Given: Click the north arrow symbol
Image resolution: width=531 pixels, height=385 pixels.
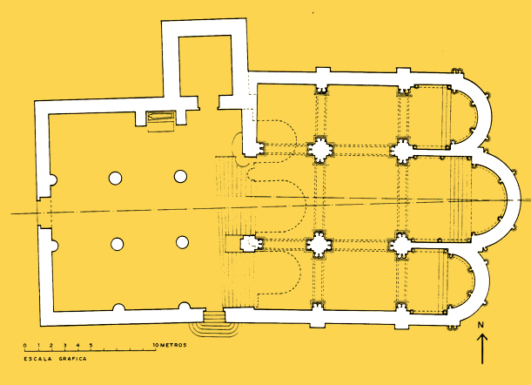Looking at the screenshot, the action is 482,348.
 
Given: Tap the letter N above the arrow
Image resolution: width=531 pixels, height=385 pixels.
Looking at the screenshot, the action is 481,325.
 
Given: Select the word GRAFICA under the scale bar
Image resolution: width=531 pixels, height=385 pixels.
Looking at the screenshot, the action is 73,359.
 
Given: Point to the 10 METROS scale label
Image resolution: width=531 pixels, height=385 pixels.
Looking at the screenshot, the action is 170,345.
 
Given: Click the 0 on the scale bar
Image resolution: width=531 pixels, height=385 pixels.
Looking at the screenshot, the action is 24,345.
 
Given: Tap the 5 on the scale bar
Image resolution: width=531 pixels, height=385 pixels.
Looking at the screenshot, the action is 91,345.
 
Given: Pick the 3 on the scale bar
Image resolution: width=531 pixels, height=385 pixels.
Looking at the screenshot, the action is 64,345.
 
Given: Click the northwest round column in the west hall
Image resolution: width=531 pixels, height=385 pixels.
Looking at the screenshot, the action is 115,178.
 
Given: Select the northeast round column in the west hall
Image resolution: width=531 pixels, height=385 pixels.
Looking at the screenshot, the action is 180,176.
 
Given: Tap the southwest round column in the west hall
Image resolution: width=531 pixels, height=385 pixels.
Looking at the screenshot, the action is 118,244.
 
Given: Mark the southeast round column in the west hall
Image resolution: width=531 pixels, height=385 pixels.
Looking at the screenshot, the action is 182,242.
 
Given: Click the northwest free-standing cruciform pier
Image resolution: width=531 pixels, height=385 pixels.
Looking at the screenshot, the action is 320,150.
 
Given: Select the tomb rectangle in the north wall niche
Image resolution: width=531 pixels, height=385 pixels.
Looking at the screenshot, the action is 161,116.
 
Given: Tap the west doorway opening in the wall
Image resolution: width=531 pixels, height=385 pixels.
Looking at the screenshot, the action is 44,213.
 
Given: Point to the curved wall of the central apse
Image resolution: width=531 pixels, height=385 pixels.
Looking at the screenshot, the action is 512,200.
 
